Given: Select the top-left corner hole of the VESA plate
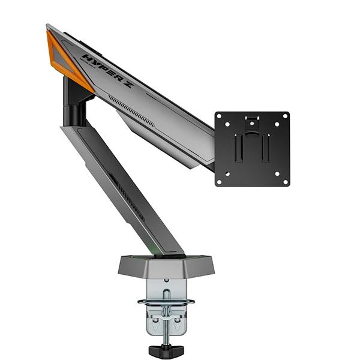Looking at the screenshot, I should [220, 116].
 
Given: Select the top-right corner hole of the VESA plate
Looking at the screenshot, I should [286, 116].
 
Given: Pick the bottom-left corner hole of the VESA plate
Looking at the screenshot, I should [220, 182].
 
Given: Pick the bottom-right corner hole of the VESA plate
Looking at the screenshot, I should [286, 182].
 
